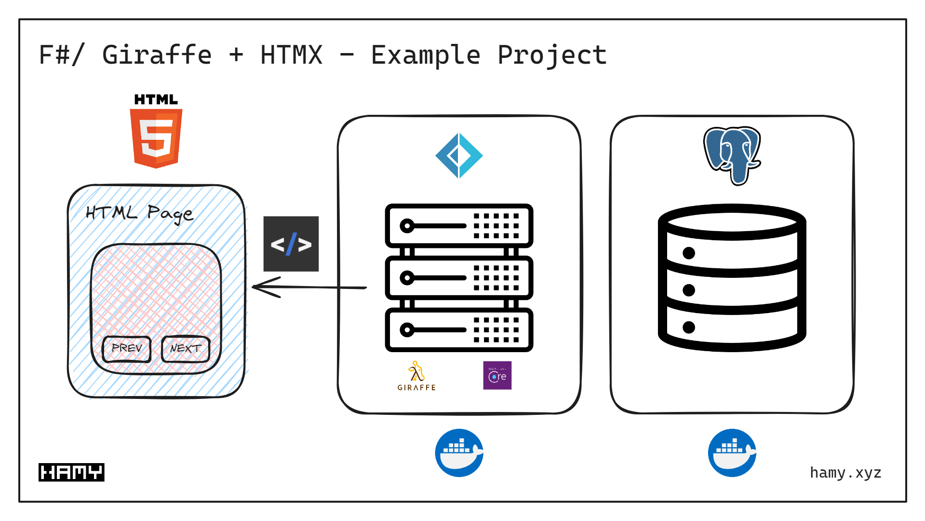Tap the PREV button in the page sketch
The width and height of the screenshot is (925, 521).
pos(127,348)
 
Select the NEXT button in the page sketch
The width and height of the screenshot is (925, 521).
pos(186,348)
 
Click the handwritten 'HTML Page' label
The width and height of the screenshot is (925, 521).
pos(139,213)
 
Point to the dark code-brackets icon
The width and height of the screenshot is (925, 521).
pos(291,244)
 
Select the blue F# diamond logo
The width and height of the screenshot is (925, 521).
pos(459,156)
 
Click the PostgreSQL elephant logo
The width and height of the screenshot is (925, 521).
pos(732,154)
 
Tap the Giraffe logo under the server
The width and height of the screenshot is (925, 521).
pos(416,376)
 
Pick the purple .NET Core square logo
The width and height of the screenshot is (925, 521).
pos(497,375)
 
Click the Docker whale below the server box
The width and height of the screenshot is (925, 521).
pos(459,453)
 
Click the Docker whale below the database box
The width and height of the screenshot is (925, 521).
pos(732,453)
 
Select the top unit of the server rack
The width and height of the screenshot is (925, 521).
pos(459,226)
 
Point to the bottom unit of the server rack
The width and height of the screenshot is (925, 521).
pos(459,330)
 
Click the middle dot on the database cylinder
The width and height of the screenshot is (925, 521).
pos(689,290)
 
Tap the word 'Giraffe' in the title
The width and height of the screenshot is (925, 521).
pos(157,55)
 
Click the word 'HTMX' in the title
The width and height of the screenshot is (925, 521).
pos(291,55)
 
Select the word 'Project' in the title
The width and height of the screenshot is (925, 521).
pos(552,55)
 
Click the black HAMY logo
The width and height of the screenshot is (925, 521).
pos(71,472)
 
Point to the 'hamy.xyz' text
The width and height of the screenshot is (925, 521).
pos(845,473)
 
